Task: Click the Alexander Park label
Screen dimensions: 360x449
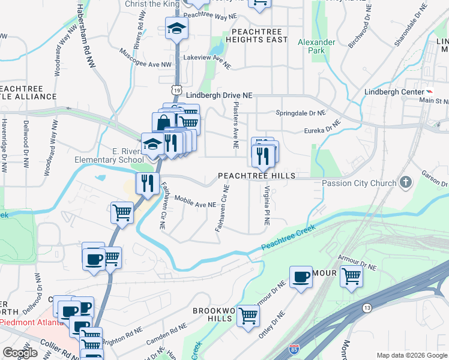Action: point(317,46)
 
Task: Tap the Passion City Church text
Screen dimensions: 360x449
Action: point(359,183)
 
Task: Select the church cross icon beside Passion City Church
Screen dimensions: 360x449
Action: point(406,182)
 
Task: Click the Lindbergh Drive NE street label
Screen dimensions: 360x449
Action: point(219,95)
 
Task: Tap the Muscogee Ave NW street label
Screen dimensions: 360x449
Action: point(146,59)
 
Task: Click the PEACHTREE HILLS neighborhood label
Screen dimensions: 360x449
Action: point(256,176)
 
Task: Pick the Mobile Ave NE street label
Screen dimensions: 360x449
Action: point(196,204)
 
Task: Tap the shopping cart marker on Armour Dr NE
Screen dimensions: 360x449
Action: point(351,276)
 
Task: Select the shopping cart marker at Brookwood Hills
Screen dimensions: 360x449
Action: point(248,314)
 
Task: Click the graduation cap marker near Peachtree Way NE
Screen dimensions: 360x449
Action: point(176,28)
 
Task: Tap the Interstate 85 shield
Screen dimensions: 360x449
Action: point(294,349)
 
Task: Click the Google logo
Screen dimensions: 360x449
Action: point(20,353)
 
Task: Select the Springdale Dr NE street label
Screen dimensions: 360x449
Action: point(300,112)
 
